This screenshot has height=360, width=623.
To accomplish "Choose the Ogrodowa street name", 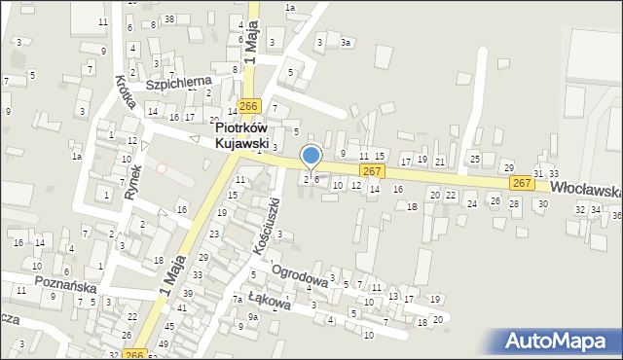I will [298, 275].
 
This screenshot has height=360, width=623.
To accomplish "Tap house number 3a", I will [345, 43].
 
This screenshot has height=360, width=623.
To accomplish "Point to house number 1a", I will [289, 8].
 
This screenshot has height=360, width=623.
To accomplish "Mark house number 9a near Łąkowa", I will [252, 317].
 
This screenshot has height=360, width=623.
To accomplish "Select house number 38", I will [169, 19].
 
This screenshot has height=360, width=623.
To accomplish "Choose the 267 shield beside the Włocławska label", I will [522, 183].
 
